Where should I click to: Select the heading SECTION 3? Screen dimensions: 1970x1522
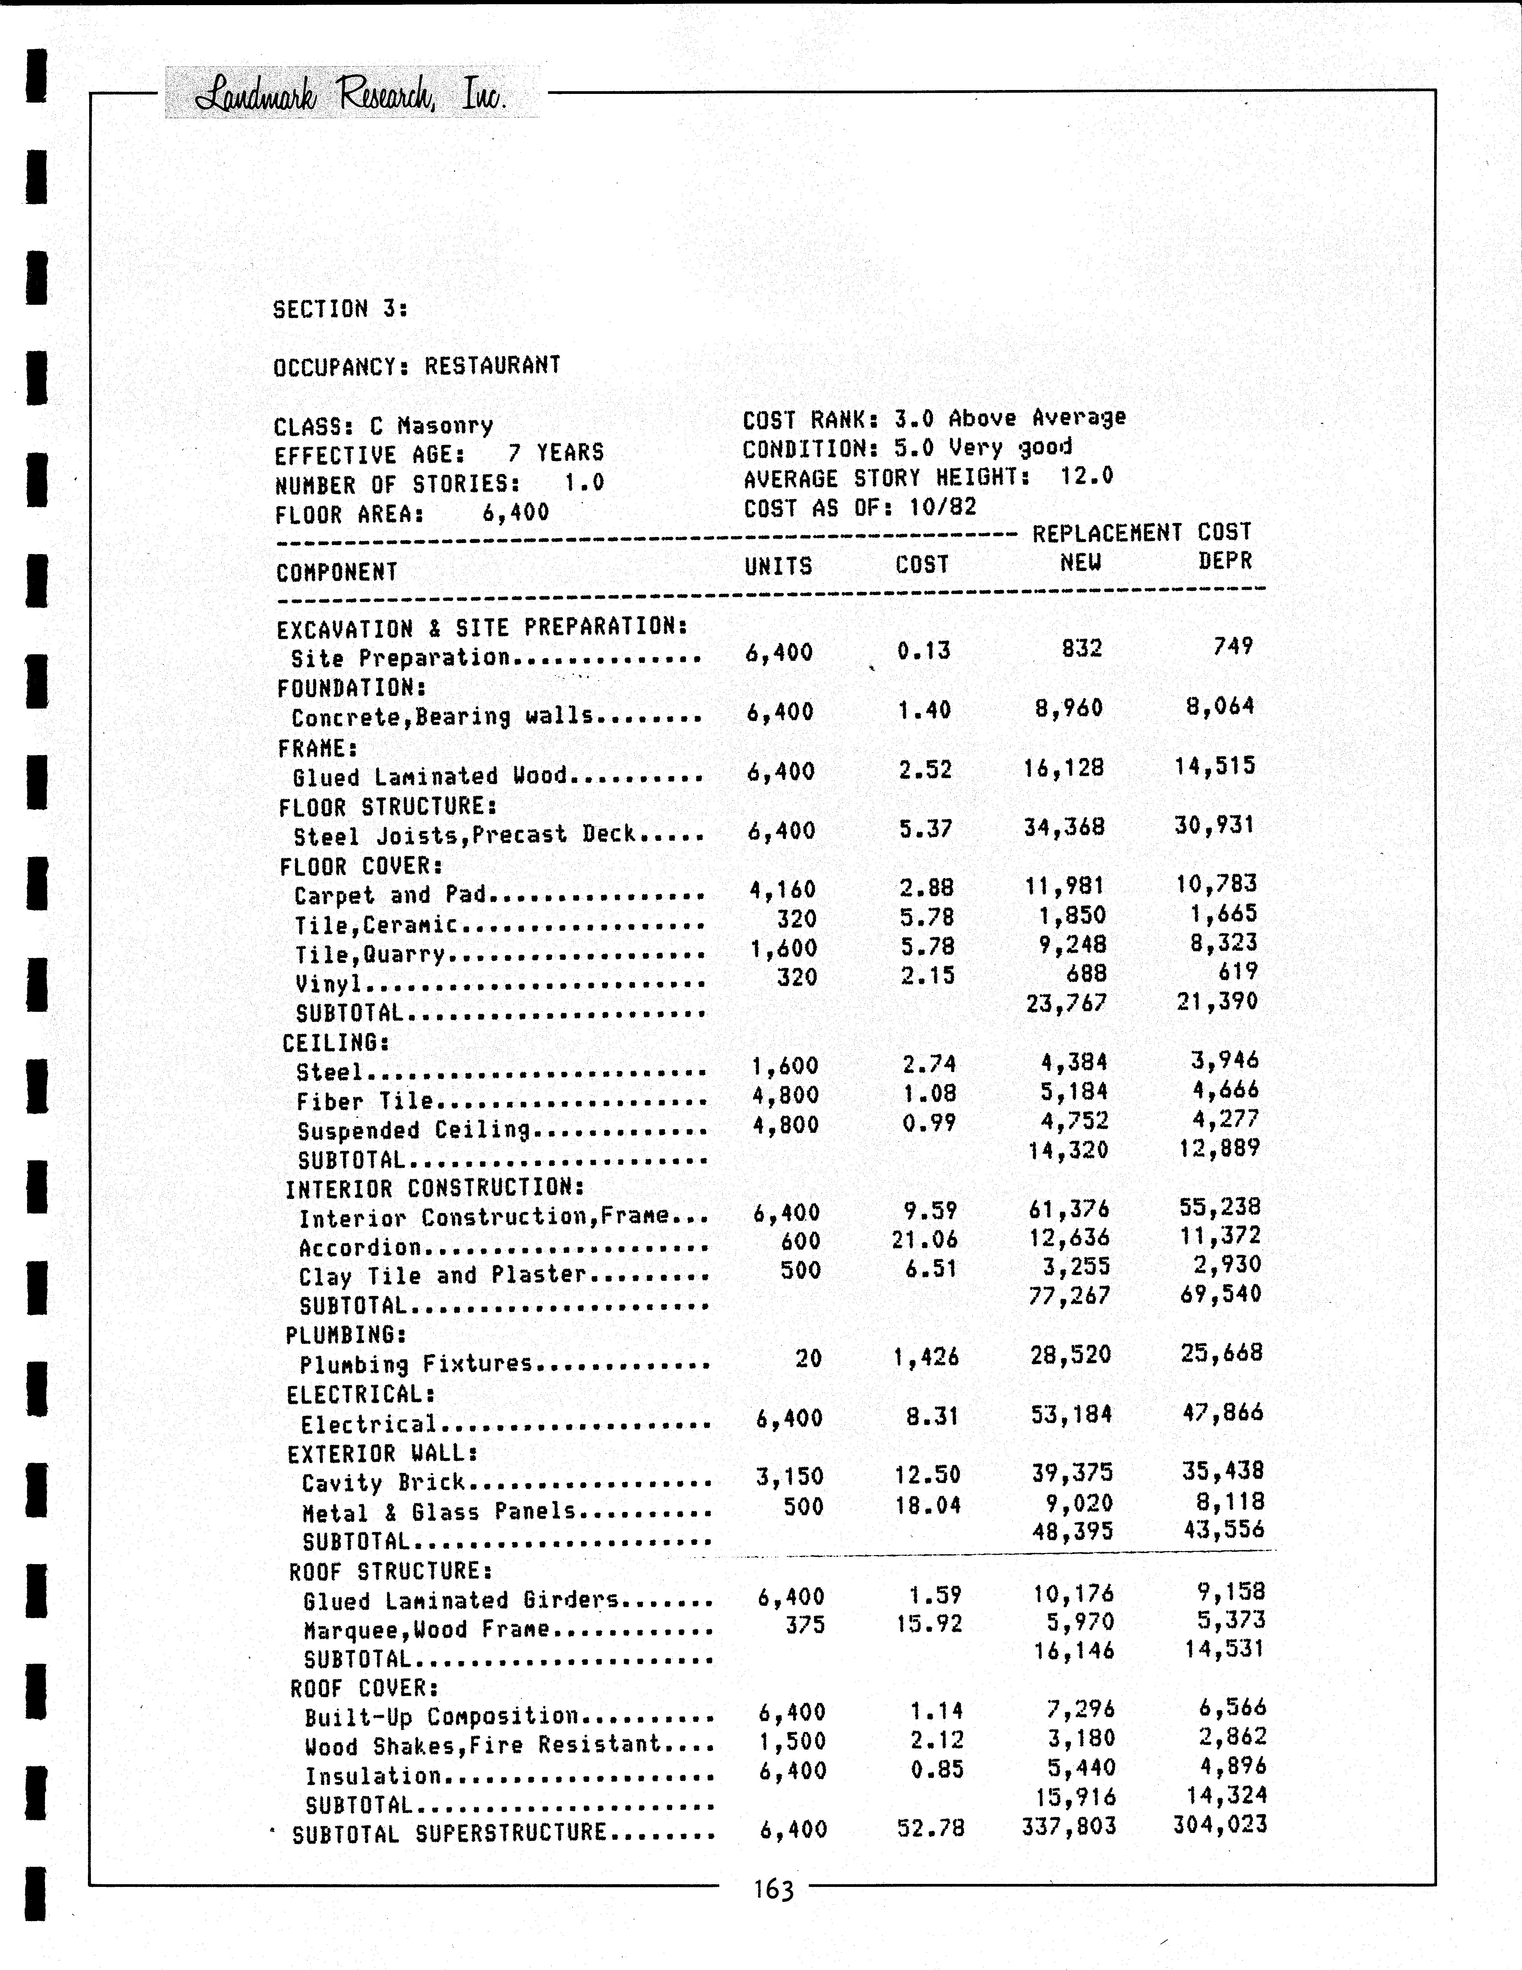[x=340, y=309]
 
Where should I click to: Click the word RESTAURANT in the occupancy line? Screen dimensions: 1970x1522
[x=493, y=365]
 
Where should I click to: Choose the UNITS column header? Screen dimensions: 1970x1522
[x=778, y=566]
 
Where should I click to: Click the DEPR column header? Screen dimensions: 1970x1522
[x=1224, y=561]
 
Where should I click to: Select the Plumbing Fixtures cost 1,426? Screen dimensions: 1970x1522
[x=926, y=1357]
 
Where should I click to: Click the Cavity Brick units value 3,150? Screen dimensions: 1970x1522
[x=790, y=1477]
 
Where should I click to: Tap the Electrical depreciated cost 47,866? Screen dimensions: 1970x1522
[x=1223, y=1413]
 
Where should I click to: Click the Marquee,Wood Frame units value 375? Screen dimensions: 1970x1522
[x=804, y=1624]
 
